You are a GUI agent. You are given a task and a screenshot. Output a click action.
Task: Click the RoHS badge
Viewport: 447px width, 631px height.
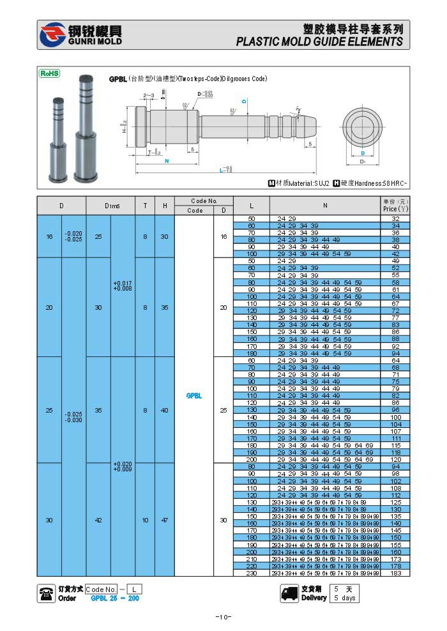pos(50,73)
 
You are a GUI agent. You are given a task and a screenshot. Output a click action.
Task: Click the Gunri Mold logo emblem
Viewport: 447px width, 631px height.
pos(52,34)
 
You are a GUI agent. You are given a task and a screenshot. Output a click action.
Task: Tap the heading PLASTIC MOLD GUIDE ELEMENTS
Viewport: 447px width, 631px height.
pos(319,42)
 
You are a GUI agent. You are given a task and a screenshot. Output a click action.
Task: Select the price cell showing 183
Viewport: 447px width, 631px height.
pos(395,573)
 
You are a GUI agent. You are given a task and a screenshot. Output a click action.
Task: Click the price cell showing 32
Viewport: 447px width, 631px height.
pos(395,218)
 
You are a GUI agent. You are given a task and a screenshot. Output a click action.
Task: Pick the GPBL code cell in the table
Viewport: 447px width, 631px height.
pos(194,395)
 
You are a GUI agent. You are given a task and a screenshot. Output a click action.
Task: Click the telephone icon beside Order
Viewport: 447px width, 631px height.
pos(46,593)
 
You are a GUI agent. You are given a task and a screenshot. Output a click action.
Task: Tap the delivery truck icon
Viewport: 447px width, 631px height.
pos(290,593)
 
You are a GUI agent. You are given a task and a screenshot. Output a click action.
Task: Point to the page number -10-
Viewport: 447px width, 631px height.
pos(223,616)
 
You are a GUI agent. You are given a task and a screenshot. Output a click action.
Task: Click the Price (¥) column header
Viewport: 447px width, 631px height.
pos(395,205)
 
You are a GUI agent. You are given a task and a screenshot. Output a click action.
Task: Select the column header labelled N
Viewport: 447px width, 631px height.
pos(324,205)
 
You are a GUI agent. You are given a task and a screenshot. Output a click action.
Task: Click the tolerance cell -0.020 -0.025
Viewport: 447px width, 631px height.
pos(73,236)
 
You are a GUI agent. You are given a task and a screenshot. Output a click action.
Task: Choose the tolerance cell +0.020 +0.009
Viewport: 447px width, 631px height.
pos(123,466)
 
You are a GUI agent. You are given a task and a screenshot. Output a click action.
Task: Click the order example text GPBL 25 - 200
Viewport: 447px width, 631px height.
pos(115,598)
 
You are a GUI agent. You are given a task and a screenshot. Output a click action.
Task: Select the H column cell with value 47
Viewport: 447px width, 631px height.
pos(165,520)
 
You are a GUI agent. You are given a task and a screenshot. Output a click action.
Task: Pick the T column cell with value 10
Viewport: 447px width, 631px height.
pos(145,520)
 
